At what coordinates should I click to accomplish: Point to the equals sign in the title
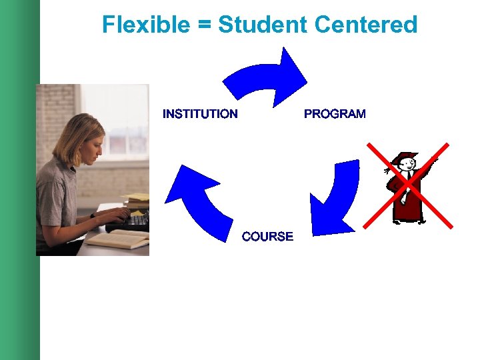[x=204, y=25]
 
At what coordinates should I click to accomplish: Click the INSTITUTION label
[x=200, y=114]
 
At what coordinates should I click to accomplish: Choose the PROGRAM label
[x=335, y=114]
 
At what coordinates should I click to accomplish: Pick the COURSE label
[x=267, y=237]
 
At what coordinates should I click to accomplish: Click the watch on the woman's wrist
[x=93, y=215]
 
